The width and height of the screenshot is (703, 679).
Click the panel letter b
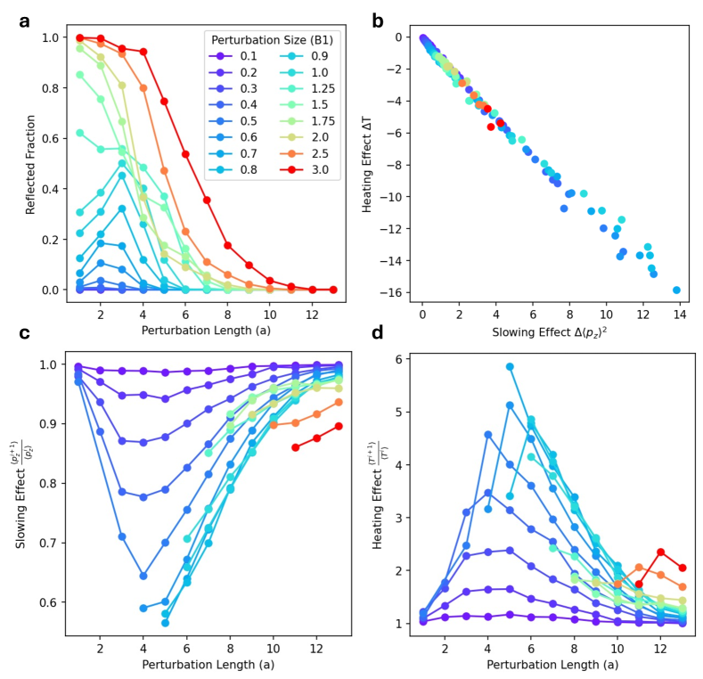pyautogui.click(x=379, y=19)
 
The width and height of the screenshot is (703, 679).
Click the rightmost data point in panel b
pyautogui.click(x=676, y=290)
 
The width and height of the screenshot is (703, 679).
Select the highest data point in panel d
pyautogui.click(x=511, y=366)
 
